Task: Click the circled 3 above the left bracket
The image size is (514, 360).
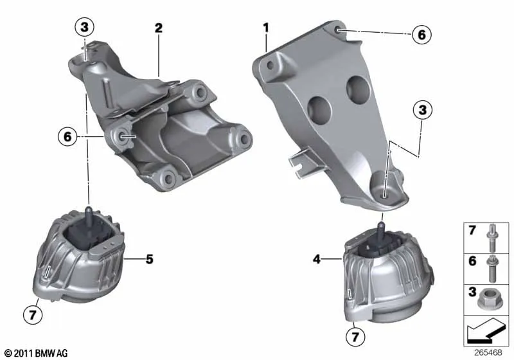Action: pyautogui.click(x=84, y=28)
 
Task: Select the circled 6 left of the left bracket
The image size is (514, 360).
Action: pyautogui.click(x=66, y=136)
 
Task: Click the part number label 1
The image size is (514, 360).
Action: pyautogui.click(x=265, y=28)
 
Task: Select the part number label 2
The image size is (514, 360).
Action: pyautogui.click(x=158, y=28)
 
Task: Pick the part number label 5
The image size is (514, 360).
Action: pyautogui.click(x=149, y=260)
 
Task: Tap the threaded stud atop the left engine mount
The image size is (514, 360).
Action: pyautogui.click(x=87, y=212)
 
